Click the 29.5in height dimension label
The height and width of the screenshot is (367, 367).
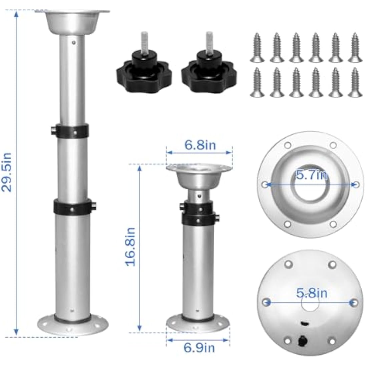point(7,172)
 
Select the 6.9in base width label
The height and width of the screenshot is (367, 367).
point(200,348)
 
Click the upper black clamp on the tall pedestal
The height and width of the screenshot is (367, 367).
point(72,130)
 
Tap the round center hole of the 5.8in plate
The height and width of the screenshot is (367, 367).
point(310,304)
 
